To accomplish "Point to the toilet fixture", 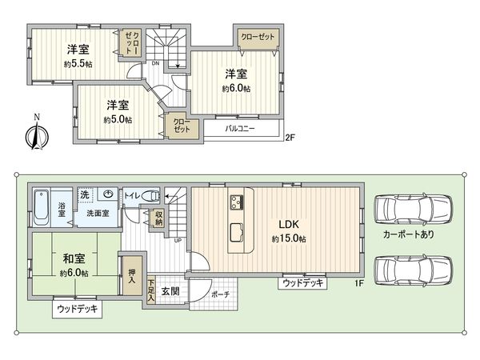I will [x=151, y=194].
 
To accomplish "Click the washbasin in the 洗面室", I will [x=106, y=194].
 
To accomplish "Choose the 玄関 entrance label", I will [x=170, y=290].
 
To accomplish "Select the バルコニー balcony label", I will [x=239, y=128].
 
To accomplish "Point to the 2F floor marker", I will [x=290, y=138].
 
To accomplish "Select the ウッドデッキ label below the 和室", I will [x=78, y=307].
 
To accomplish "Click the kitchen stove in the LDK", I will [x=238, y=201].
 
